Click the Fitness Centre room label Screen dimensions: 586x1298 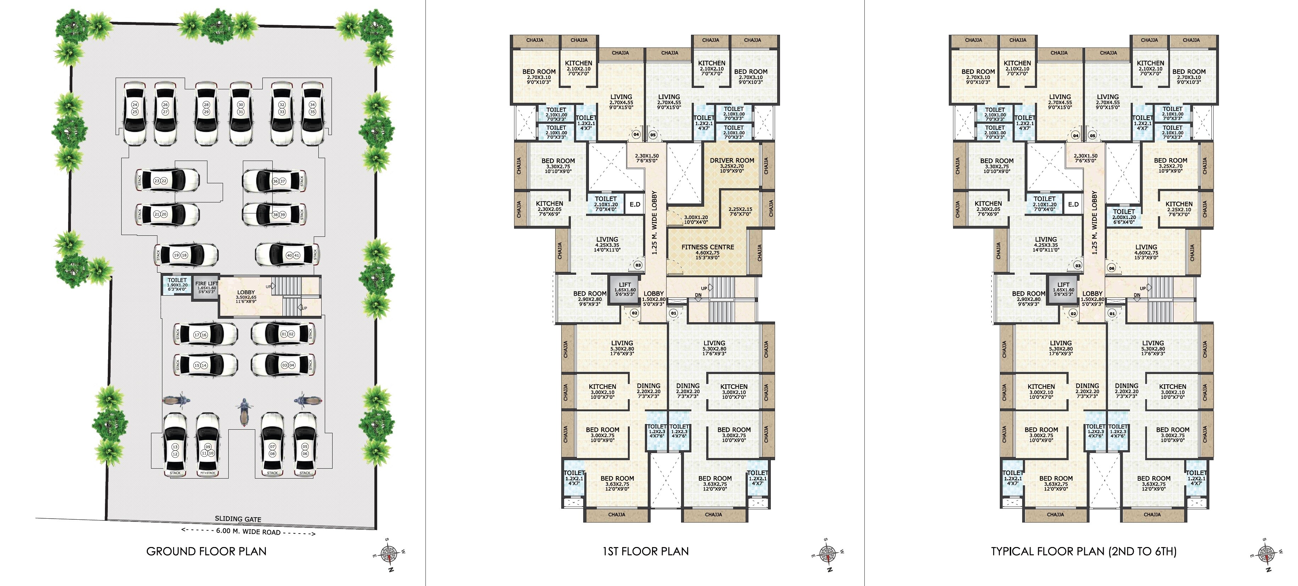707,247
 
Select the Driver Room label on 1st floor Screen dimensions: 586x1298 732,161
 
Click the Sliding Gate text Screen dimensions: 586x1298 238,519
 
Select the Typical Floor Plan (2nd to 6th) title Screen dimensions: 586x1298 1083,551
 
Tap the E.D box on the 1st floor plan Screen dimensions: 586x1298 635,204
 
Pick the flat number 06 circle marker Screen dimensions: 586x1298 1111,268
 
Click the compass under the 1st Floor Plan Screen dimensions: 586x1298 828,554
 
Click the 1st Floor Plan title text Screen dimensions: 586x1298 646,551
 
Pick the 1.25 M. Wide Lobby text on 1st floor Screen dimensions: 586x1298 654,222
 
